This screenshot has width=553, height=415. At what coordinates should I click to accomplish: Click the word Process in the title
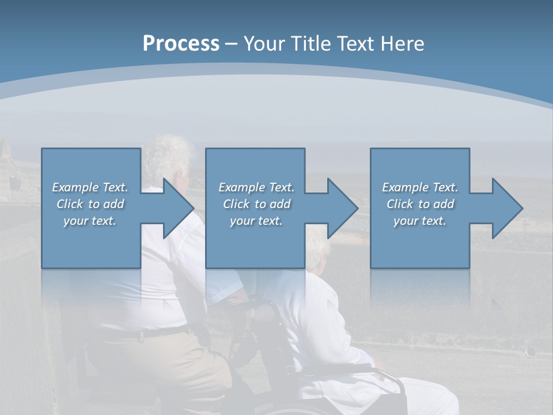[181, 44]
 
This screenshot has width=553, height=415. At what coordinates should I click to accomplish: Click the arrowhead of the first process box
[179, 208]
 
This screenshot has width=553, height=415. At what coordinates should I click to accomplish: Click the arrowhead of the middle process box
[343, 208]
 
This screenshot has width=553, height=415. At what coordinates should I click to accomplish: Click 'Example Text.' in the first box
[90, 187]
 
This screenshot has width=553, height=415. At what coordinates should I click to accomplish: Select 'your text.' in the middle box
[256, 221]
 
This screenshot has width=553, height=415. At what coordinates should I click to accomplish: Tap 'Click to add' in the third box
[421, 204]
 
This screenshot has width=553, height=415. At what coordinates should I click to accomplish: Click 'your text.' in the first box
[90, 221]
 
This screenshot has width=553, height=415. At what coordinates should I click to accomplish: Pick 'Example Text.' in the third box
[420, 187]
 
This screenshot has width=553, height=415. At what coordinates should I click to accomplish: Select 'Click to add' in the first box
[90, 204]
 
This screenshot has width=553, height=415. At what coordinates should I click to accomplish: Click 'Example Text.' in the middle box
[256, 187]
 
